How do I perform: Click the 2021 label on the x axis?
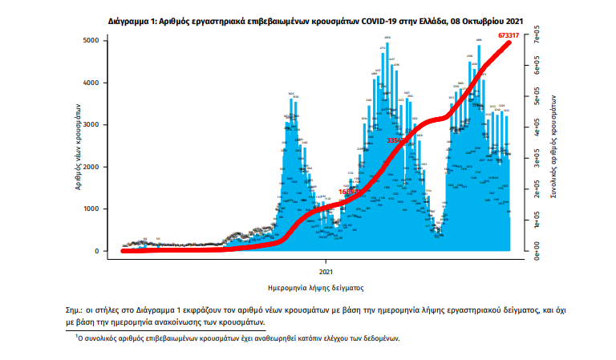[326, 262]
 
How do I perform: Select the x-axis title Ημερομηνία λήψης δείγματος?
[316, 285]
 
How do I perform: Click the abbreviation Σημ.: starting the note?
[76, 309]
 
